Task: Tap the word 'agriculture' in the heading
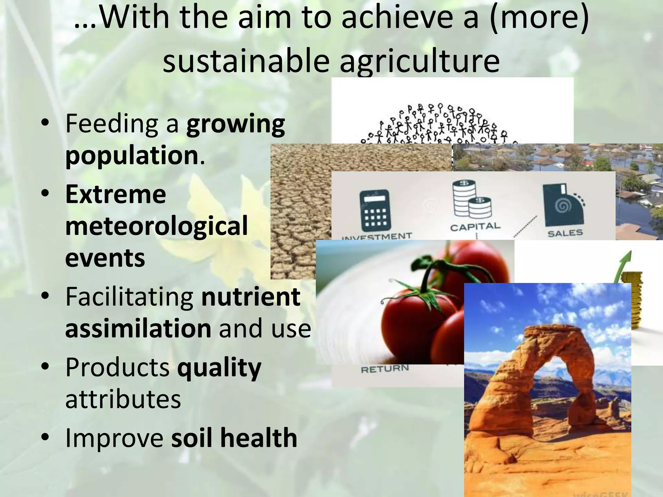(x=420, y=61)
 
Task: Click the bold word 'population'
(x=132, y=155)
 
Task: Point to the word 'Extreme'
(x=116, y=194)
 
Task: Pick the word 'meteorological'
(x=156, y=226)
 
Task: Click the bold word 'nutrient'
(x=251, y=297)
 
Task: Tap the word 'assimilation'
(x=138, y=328)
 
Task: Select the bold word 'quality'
(x=219, y=368)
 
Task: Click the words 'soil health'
(x=234, y=437)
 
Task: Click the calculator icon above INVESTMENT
(x=375, y=211)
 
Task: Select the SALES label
(x=565, y=233)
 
